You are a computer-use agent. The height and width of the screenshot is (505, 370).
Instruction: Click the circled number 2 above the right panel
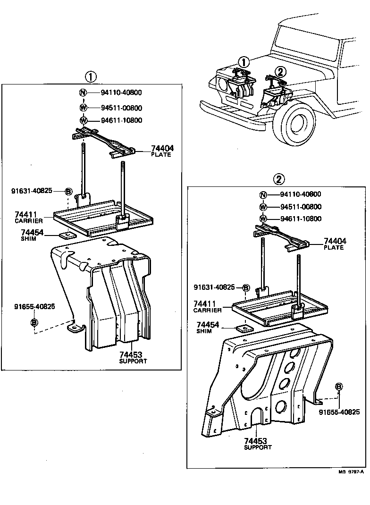coord(279,179)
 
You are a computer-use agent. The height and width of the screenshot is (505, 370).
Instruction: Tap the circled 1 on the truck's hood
coord(243,62)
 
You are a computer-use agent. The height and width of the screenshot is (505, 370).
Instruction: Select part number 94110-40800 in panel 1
coord(121,93)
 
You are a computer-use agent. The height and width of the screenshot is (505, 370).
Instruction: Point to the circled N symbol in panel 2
coord(263,194)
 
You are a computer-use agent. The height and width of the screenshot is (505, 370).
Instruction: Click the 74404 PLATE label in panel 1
coord(162,151)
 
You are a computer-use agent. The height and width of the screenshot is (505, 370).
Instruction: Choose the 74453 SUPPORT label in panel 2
coord(258,444)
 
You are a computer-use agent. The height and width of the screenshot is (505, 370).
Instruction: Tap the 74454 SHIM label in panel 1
coord(32,235)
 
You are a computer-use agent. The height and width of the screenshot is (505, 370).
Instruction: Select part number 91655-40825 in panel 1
coord(34,306)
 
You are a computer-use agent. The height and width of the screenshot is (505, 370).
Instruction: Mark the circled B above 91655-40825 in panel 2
coord(338,387)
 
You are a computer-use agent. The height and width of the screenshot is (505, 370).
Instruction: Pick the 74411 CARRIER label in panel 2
coord(208,306)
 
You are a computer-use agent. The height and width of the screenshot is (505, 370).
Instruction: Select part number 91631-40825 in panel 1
coord(32,191)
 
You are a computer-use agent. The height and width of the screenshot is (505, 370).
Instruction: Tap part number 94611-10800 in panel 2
coord(301,219)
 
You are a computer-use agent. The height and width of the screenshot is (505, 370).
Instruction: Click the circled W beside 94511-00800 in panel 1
coord(84,107)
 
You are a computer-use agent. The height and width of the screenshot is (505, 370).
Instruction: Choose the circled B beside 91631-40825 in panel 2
coord(246,287)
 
